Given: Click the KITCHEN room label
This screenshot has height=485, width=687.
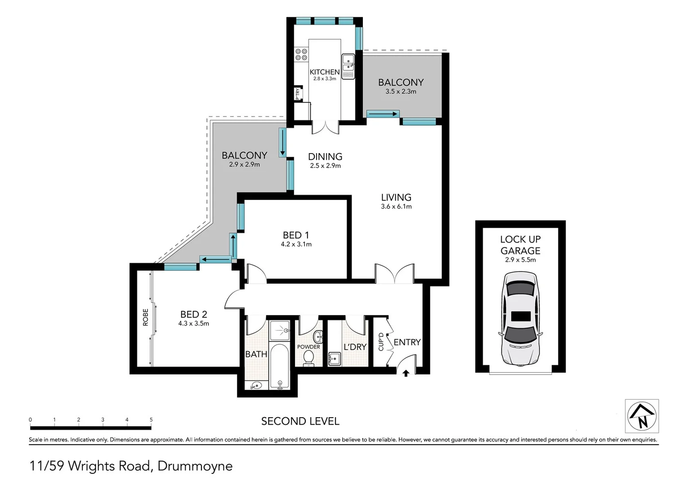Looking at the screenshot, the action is coord(325,72).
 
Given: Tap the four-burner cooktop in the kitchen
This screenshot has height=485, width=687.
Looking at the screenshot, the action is coord(301,54).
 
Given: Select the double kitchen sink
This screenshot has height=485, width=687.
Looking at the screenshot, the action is coord(348,66).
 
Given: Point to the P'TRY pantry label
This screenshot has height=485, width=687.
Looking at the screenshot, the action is coord(297,94).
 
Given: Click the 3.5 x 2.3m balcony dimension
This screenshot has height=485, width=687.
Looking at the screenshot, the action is coord(401,92).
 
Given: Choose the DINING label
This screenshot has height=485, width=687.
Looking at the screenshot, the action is coord(325,157).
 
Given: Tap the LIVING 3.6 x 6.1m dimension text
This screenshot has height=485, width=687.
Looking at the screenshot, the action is coord(396,207).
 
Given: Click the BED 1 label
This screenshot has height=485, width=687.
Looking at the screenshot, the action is coord(296,235).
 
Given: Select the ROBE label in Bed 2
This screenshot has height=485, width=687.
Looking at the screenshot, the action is coord(145,317).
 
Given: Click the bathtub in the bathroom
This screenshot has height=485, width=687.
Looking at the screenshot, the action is coord(279,366).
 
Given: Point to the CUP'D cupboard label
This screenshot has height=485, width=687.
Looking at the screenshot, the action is coord(381,342).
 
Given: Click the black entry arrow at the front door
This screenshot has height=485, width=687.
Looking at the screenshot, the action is coord(406,373).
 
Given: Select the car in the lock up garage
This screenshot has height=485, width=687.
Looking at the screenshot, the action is coord(521,319).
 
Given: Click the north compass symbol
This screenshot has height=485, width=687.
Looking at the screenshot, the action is coord(642,416).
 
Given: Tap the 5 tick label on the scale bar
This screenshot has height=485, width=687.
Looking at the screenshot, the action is coord(151,420).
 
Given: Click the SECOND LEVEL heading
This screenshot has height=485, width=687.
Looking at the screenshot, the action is coord(300,421).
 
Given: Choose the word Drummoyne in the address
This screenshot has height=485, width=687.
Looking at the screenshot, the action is coord(195,466).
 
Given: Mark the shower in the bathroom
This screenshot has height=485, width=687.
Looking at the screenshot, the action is coord(279,331).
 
